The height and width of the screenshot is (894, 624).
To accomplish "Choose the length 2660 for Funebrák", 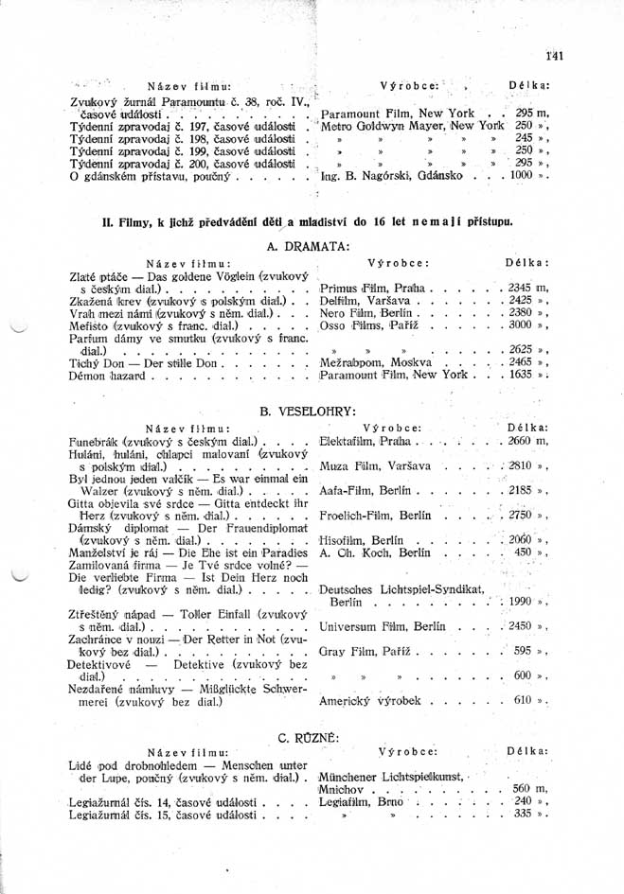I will [x=526, y=441].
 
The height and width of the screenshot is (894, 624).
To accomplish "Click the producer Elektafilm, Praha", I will [x=365, y=441].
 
